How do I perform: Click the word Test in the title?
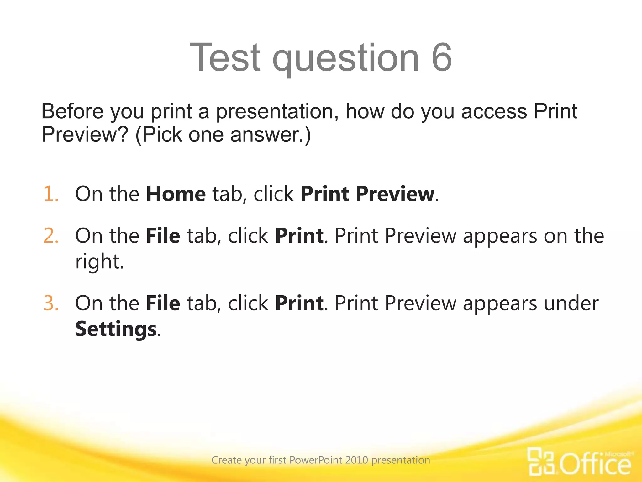click(225, 57)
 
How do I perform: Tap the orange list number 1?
click(51, 194)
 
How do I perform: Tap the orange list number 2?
click(51, 236)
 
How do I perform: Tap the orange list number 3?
click(51, 303)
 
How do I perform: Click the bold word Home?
click(176, 194)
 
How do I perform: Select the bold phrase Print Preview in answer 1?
click(367, 194)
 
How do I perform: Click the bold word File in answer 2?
click(163, 236)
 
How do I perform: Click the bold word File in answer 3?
click(163, 303)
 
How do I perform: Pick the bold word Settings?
click(116, 329)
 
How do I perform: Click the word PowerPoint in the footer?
click(316, 460)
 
